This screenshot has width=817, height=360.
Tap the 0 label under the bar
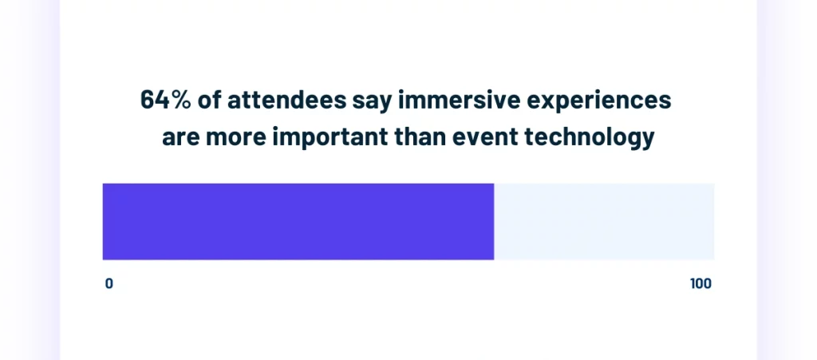point(109,284)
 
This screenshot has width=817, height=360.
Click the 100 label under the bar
point(701,284)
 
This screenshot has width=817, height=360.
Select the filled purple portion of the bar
point(298,221)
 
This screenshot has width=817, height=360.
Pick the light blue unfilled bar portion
point(604,221)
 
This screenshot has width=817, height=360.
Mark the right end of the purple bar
point(492,221)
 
